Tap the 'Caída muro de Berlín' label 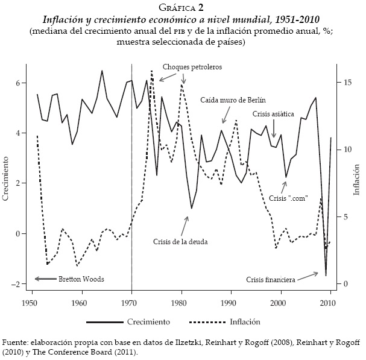(x=233, y=100)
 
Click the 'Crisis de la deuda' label (x=181, y=241)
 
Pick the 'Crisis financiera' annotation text (x=271, y=280)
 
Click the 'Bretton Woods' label (x=81, y=279)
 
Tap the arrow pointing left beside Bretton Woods (x=43, y=279)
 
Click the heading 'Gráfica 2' (x=183, y=7)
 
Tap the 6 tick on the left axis (x=23, y=83)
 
